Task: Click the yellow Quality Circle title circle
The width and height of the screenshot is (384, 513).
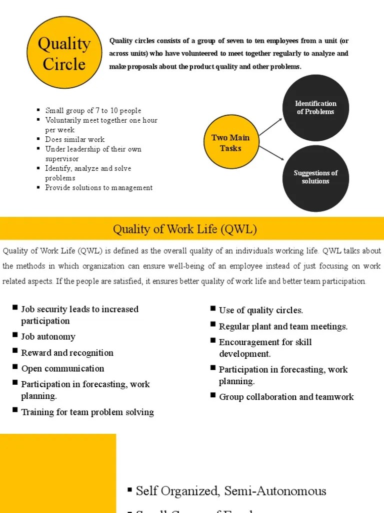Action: pos(64,53)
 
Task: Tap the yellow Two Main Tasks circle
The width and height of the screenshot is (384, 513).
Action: pos(230,143)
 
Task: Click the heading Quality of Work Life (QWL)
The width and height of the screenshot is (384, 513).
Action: pos(185,229)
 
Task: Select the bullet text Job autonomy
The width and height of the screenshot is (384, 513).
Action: pos(48,337)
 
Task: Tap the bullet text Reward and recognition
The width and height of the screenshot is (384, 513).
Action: pos(67,353)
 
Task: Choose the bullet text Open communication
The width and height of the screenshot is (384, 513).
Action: pos(62,369)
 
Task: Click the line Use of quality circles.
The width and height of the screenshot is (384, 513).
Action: pos(261,311)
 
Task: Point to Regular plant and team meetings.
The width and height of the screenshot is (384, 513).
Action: pos(283,327)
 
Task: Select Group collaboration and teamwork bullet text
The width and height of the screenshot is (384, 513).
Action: pos(286,397)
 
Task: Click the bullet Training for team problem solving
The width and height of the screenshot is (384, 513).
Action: pos(87,412)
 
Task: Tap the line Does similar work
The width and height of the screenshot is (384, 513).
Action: pos(75,140)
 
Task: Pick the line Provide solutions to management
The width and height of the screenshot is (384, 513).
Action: pos(99,188)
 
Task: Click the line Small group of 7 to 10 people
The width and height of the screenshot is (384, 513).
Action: pos(93,111)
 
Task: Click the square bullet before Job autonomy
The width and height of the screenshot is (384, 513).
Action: pos(15,335)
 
